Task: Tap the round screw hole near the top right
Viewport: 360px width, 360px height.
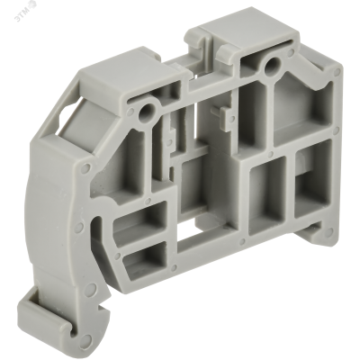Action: [268, 64]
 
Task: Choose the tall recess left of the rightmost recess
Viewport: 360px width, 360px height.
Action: [269, 207]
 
